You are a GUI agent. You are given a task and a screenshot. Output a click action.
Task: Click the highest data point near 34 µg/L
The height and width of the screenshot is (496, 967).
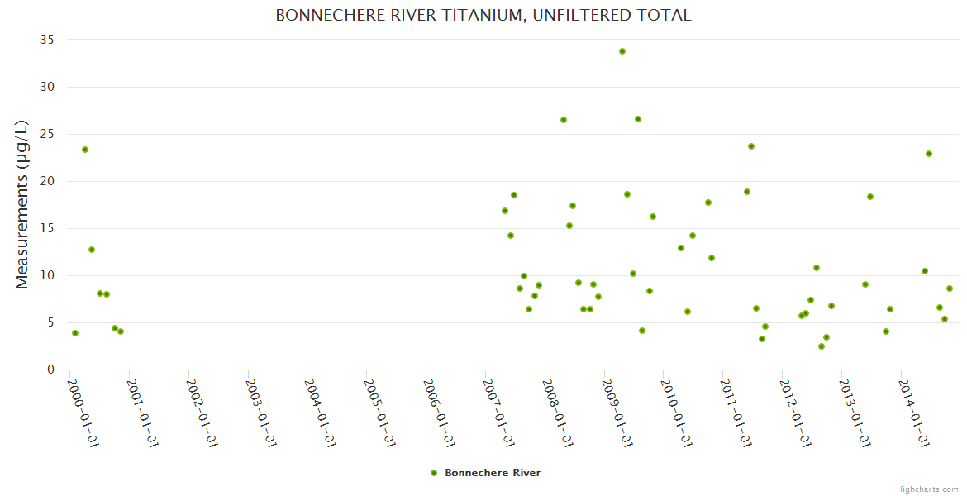tap(622, 51)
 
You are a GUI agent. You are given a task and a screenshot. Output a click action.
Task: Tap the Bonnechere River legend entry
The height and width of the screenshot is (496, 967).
tap(493, 473)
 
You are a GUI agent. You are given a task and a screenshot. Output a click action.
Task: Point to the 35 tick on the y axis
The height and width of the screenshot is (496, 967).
tap(47, 40)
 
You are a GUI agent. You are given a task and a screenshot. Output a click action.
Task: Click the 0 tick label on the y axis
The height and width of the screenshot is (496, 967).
tap(51, 370)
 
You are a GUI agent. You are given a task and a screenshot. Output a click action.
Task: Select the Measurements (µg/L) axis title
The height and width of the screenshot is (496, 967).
tap(22, 204)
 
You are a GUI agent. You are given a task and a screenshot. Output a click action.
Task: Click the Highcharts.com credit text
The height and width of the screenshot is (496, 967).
tap(927, 489)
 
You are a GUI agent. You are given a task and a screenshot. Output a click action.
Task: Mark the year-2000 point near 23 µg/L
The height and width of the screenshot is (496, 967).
tap(85, 150)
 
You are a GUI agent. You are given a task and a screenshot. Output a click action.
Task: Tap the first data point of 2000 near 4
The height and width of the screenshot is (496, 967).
tap(75, 333)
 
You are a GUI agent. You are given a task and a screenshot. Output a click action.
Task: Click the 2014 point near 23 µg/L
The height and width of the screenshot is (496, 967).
tap(929, 154)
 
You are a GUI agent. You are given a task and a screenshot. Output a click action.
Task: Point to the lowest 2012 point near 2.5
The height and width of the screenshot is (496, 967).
tap(822, 346)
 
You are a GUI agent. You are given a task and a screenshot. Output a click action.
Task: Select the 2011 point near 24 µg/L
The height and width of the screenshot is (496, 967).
tap(751, 146)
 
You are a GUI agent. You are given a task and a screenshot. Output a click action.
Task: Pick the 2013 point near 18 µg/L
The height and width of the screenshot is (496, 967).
tap(870, 197)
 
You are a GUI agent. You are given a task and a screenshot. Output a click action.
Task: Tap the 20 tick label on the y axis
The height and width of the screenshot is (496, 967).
tap(47, 181)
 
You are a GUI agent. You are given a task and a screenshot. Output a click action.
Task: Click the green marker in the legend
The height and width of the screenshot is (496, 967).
tap(434, 473)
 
